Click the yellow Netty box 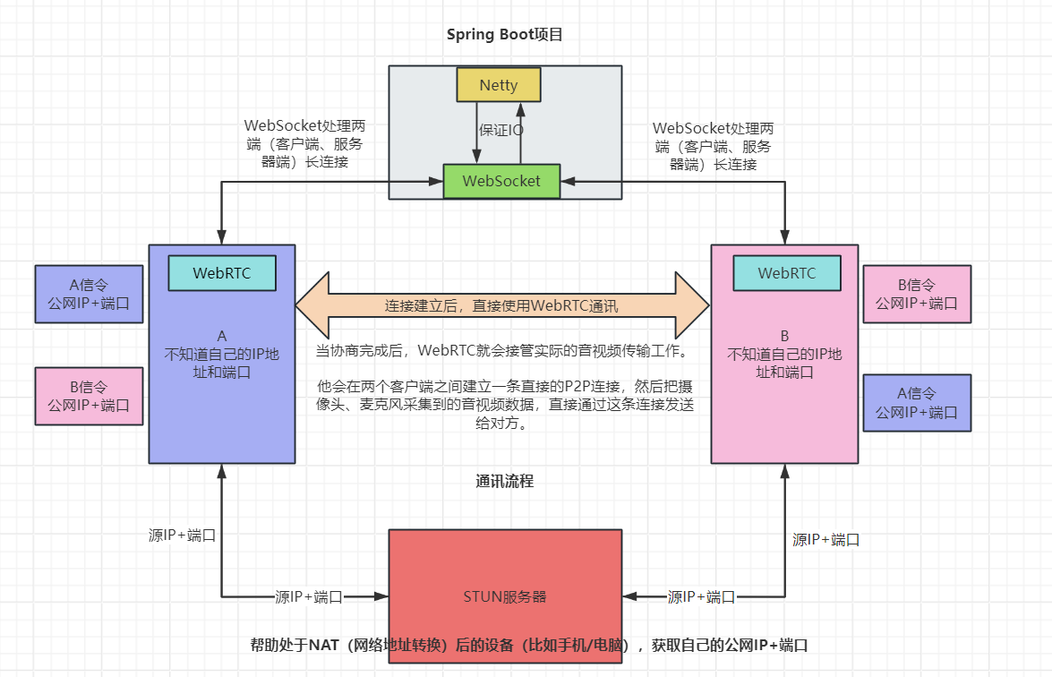coord(499,85)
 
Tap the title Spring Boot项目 coord(505,35)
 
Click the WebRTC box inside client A coord(222,273)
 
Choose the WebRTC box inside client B coord(787,273)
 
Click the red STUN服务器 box coord(505,596)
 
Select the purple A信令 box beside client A coord(89,294)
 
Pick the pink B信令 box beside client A coord(89,396)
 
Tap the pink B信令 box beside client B coord(916,294)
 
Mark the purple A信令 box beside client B coord(916,403)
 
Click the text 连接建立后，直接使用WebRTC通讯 coord(501,305)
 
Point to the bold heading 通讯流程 coord(505,481)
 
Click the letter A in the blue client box coord(222,336)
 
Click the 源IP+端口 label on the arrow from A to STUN coord(309,596)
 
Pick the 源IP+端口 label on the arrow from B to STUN coord(701,596)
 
